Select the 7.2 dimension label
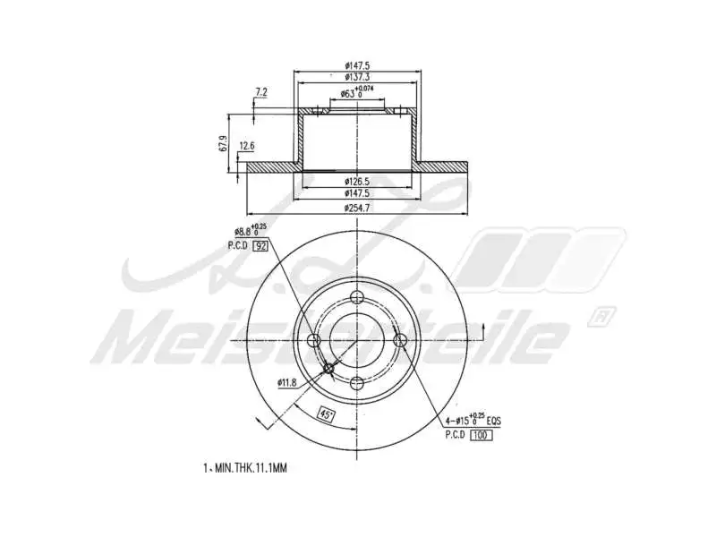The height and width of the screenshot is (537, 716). (261, 91)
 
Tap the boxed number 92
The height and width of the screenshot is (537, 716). (261, 245)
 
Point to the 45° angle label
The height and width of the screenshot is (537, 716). (327, 413)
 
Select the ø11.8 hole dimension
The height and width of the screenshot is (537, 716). (286, 383)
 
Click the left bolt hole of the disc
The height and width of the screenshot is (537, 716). (314, 340)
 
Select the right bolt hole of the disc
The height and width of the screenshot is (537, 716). (401, 340)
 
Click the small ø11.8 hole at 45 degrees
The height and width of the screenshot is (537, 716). (328, 370)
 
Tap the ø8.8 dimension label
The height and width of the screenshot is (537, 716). (247, 231)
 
